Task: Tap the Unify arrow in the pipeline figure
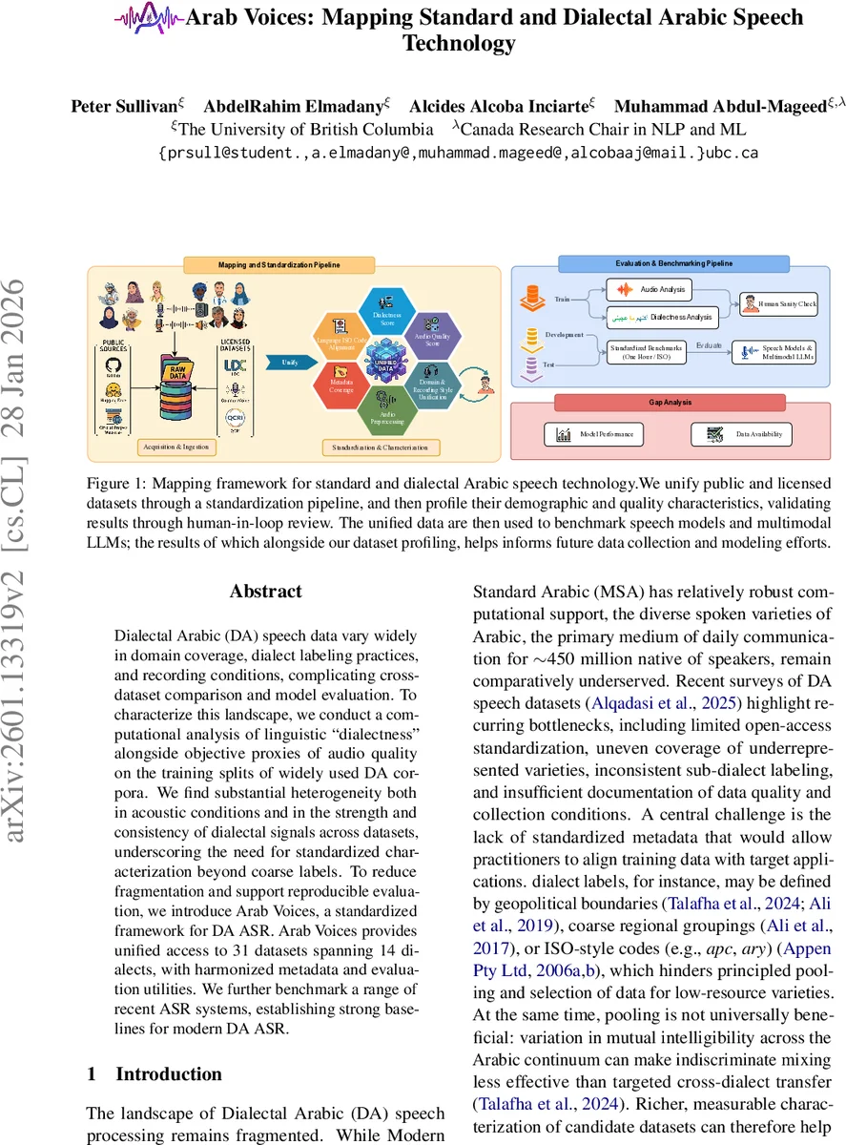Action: (x=291, y=363)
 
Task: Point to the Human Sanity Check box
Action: (x=779, y=303)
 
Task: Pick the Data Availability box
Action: (x=740, y=434)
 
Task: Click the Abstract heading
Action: (x=265, y=592)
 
